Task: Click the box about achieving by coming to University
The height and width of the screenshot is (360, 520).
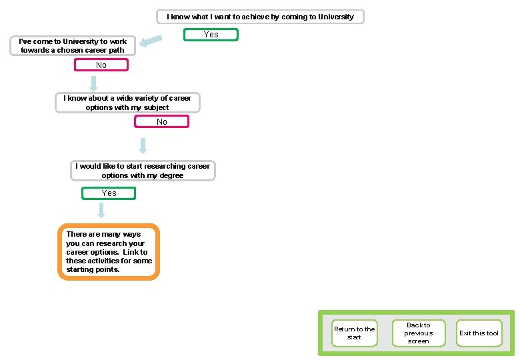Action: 260,17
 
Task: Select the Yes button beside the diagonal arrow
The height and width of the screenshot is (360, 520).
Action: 211,35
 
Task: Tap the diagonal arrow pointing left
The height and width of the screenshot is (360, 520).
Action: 153,42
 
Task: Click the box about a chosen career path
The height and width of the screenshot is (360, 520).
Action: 73,46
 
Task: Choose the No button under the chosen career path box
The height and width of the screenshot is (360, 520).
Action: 101,65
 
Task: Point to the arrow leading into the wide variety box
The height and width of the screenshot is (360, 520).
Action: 94,83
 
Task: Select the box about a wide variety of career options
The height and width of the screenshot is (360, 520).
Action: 127,103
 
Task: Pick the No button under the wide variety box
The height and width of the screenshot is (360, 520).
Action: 161,122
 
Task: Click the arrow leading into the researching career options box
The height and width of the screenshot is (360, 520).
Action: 143,145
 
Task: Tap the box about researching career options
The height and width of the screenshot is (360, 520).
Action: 143,171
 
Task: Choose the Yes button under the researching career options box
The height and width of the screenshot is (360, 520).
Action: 109,193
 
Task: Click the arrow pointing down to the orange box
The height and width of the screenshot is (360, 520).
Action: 101,211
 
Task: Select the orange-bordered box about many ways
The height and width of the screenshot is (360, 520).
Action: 109,252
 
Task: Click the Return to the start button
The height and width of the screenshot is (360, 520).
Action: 354,333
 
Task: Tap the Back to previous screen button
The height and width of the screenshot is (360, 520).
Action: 418,333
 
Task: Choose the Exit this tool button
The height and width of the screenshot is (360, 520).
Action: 479,333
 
